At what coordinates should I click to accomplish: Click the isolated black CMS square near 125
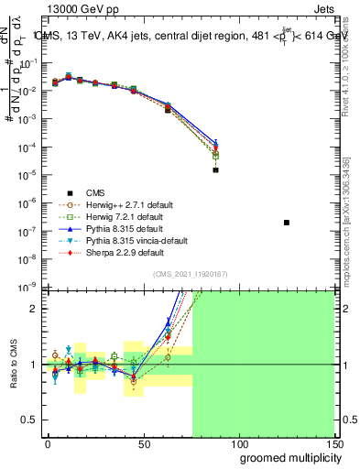pyautogui.click(x=287, y=223)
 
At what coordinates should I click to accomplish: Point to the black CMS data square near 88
pyautogui.click(x=215, y=170)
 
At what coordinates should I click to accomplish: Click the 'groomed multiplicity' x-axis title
pyautogui.click(x=286, y=458)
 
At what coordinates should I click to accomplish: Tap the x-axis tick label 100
pyautogui.click(x=238, y=442)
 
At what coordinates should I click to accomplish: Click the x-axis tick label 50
pyautogui.click(x=143, y=442)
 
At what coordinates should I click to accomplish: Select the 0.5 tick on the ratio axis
pyautogui.click(x=29, y=420)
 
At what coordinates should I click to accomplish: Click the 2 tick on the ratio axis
pyautogui.click(x=34, y=309)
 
